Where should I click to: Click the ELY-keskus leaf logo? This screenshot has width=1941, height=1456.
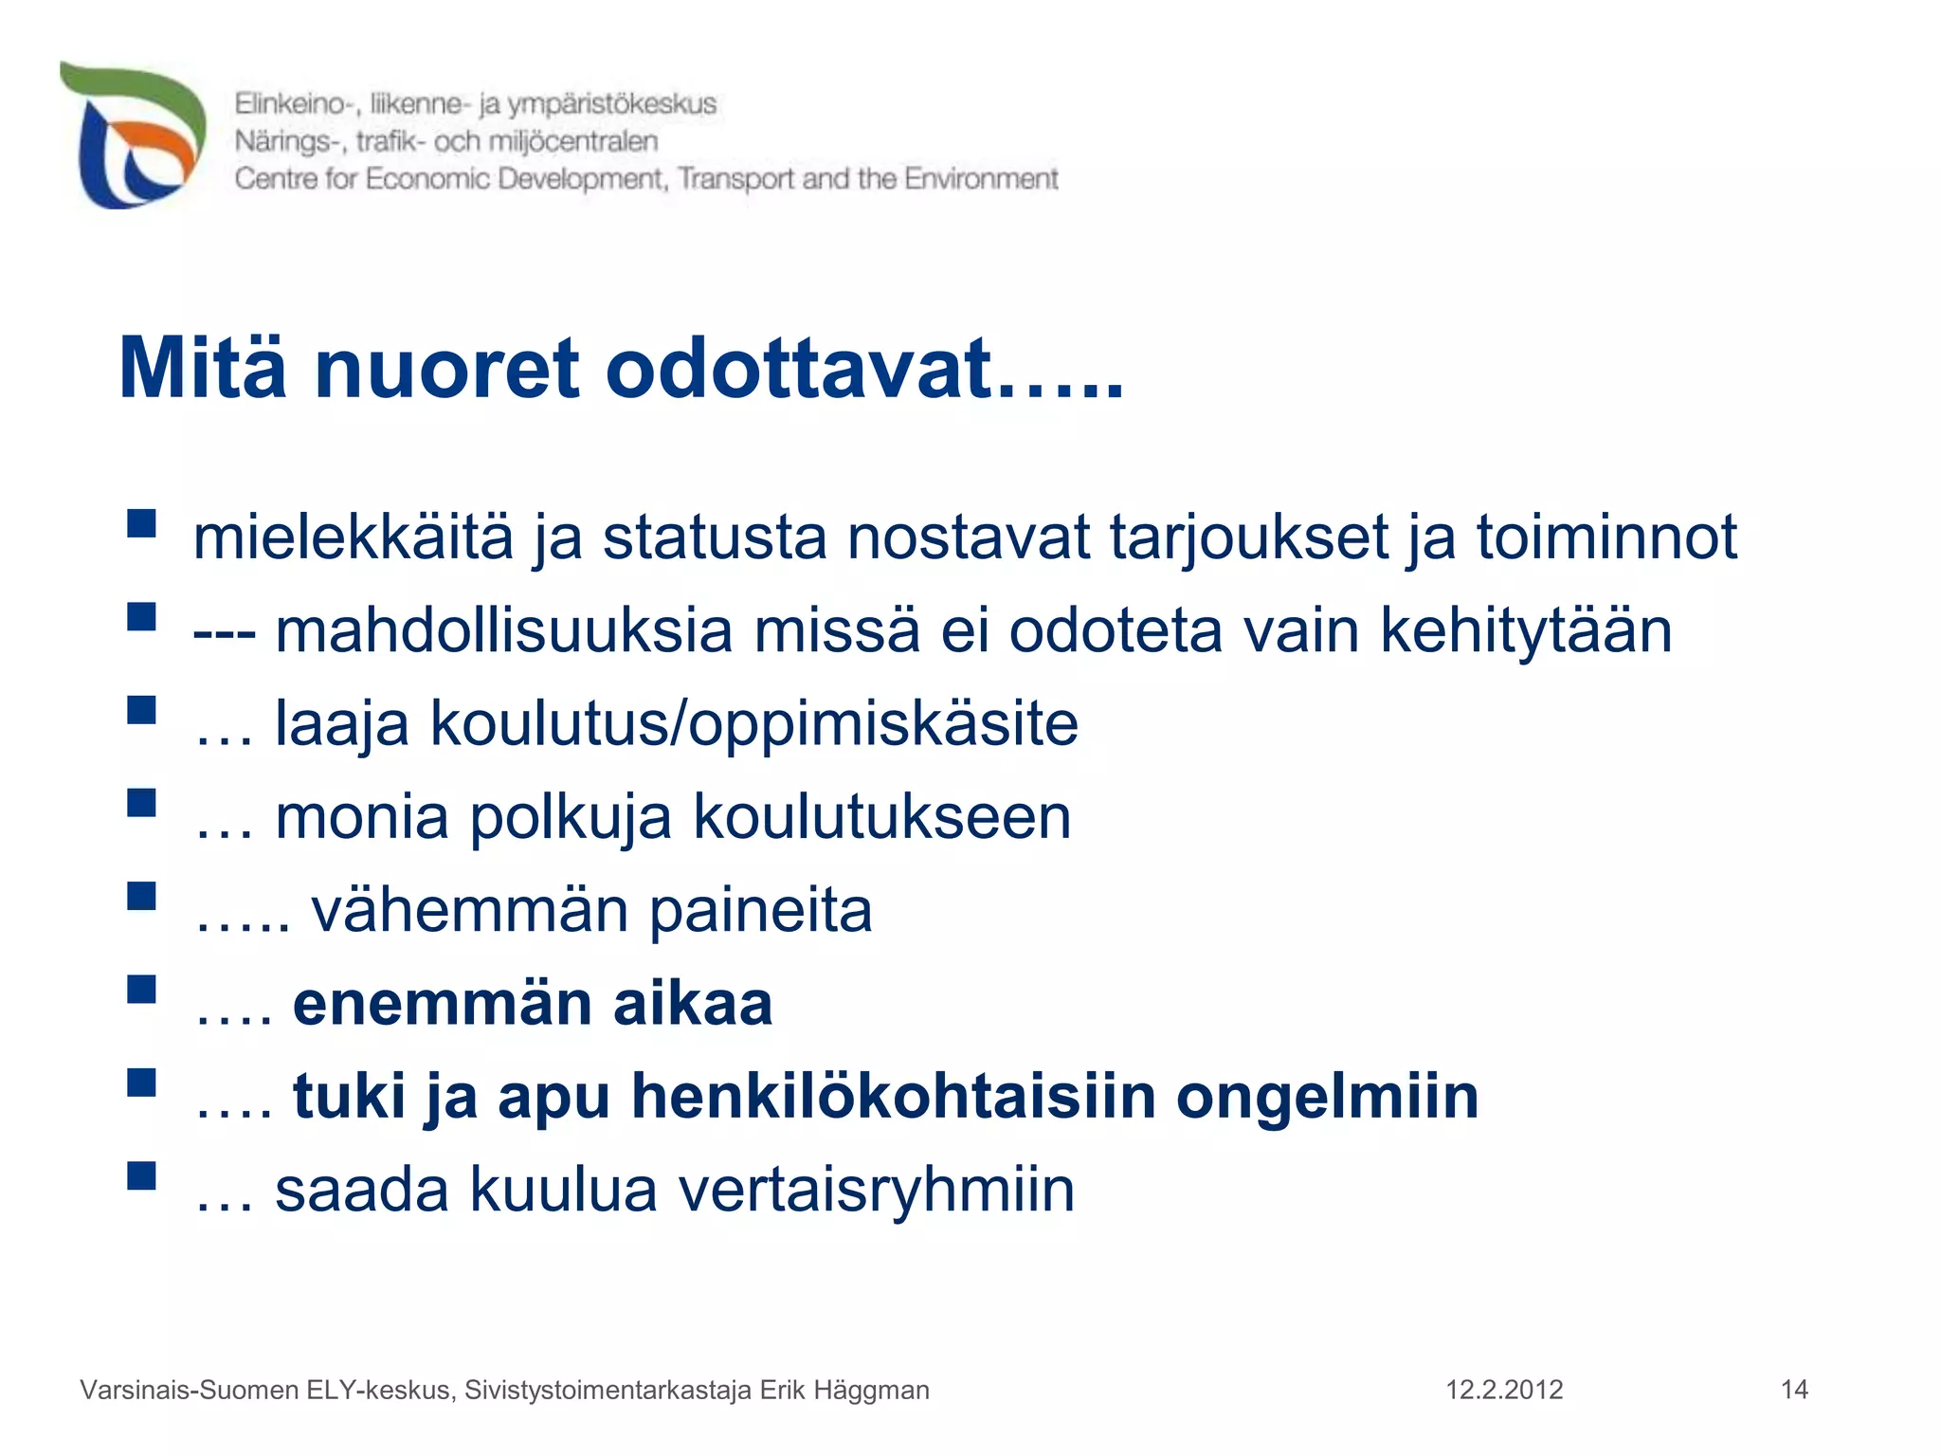133,135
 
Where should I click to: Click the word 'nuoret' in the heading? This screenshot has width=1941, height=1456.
445,370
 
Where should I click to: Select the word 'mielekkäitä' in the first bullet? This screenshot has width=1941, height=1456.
353,537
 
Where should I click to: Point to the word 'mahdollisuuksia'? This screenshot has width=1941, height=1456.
503,630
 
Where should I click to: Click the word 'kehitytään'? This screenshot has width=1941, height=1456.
1526,630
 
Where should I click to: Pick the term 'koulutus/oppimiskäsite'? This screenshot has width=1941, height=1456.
754,724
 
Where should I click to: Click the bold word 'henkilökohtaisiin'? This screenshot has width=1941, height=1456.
894,1097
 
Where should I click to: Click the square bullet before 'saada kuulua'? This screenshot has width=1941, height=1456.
141,1175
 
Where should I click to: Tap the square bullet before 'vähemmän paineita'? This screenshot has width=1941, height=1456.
141,896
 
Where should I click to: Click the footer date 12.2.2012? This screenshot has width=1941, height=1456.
1503,1390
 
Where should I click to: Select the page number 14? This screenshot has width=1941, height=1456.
1794,1390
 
